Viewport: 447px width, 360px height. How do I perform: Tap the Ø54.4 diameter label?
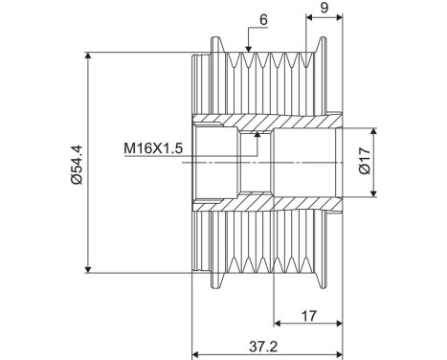[74, 164]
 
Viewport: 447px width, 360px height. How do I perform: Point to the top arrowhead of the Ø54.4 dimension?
[88, 56]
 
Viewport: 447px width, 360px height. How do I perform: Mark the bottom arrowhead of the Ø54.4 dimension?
[88, 269]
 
